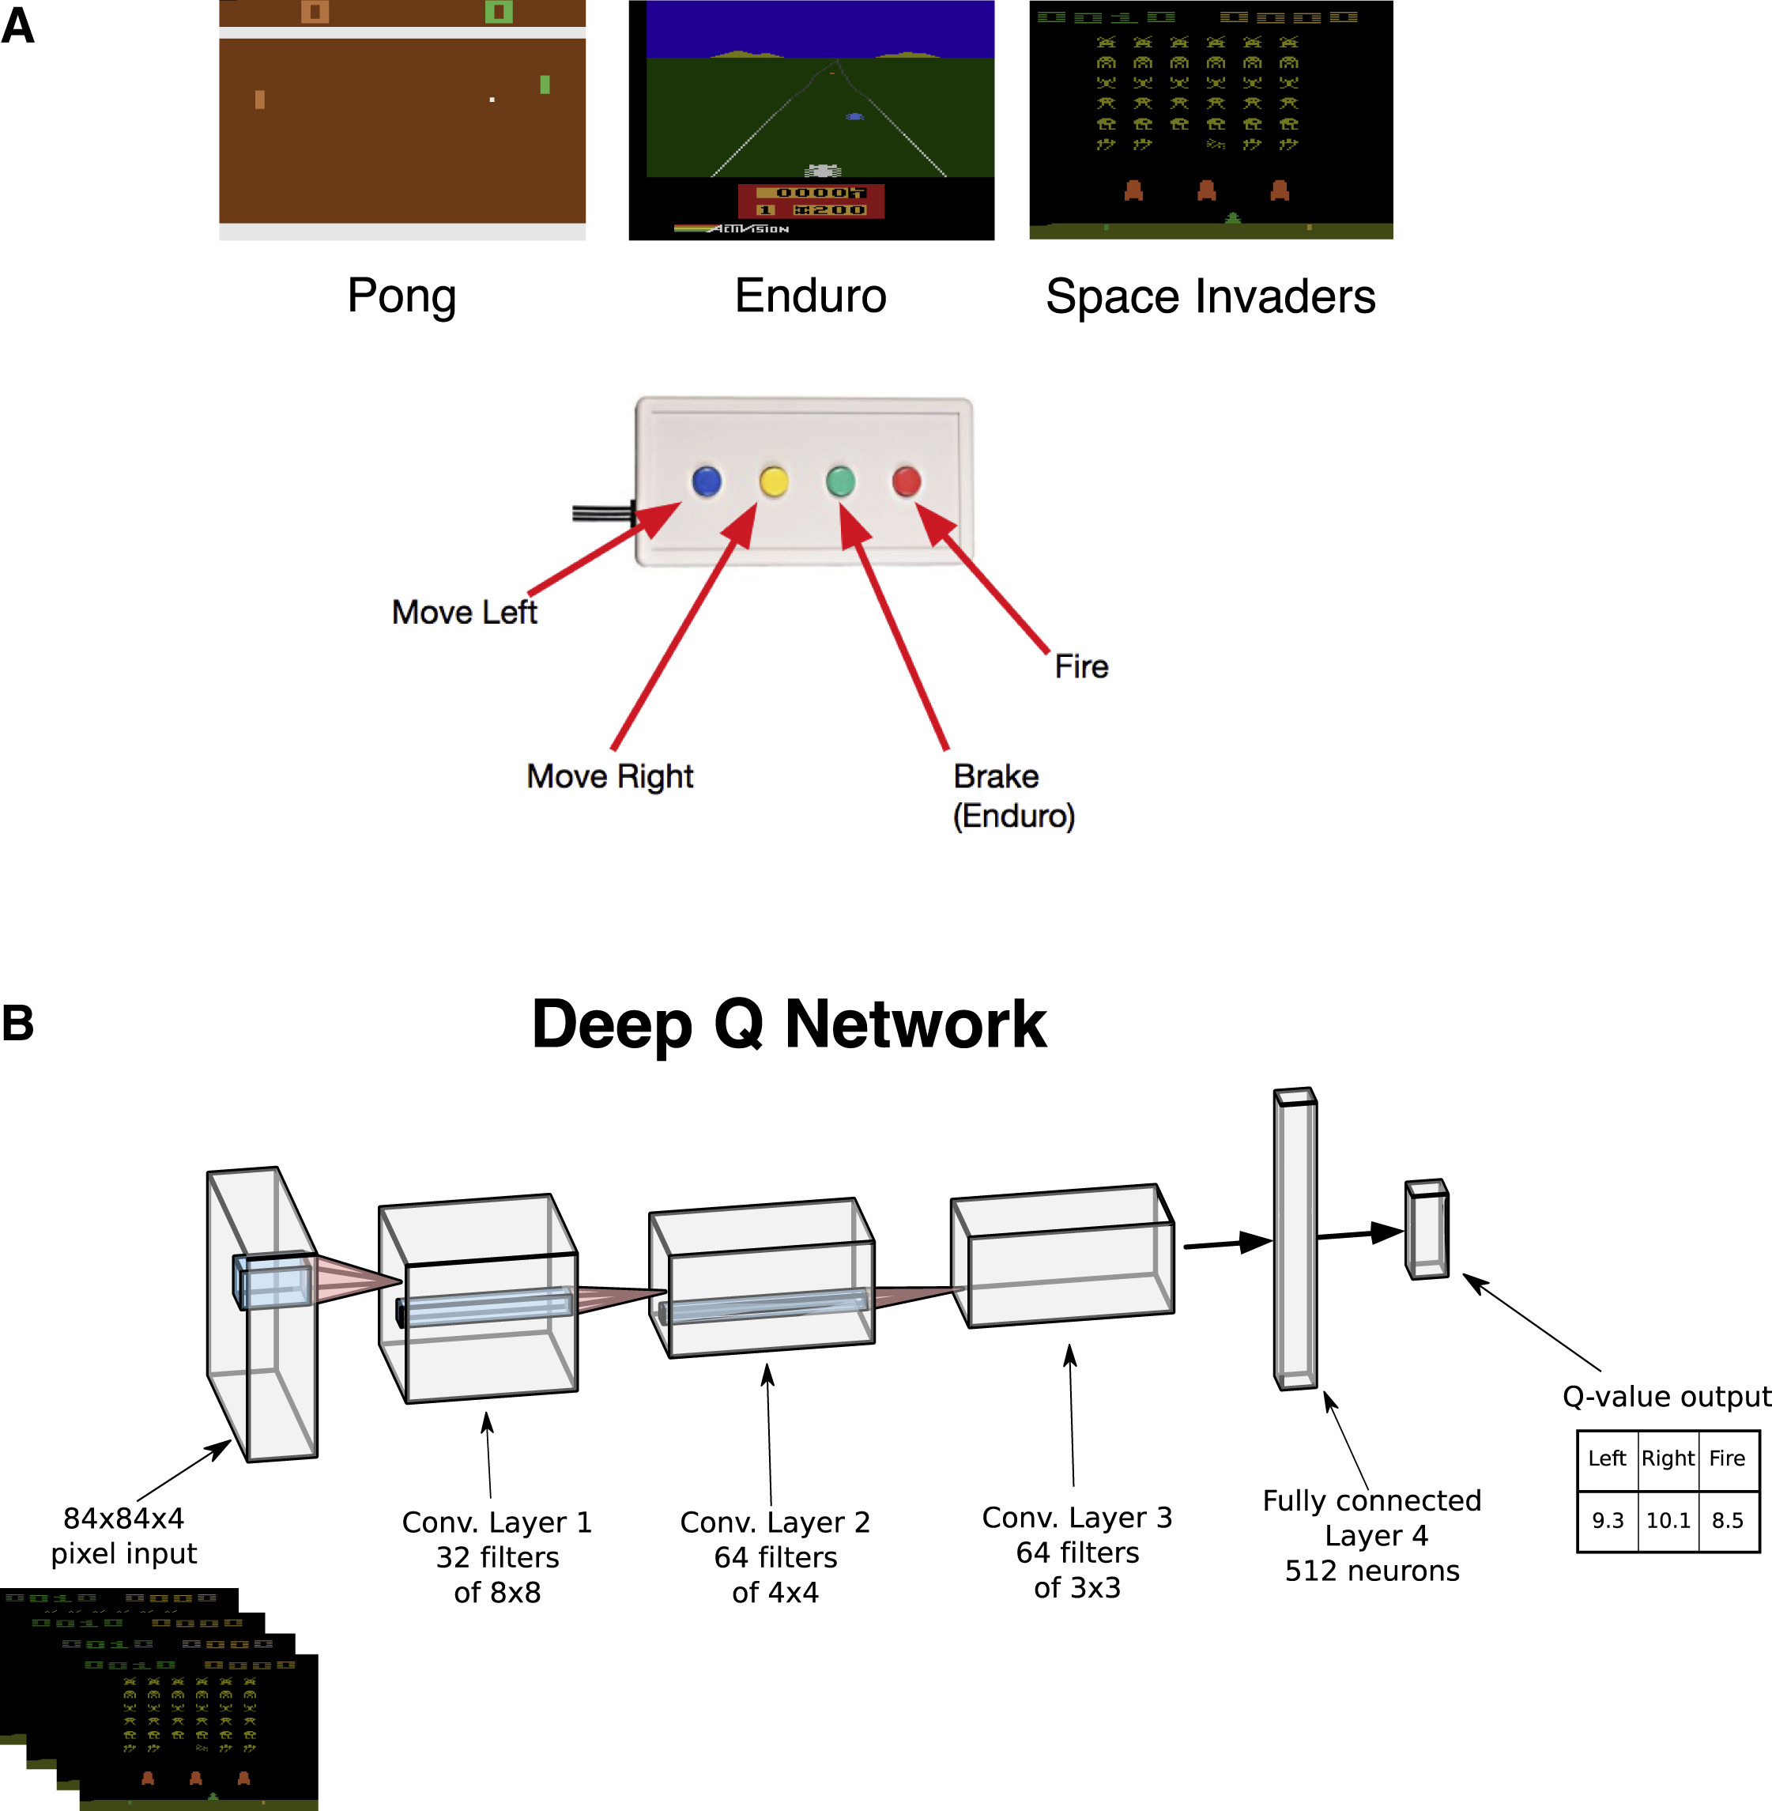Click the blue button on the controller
pyautogui.click(x=707, y=481)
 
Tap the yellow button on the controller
pyautogui.click(x=775, y=481)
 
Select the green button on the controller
pyautogui.click(x=840, y=481)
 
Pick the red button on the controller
pyautogui.click(x=907, y=481)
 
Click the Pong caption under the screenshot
pyautogui.click(x=402, y=296)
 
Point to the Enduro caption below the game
pyautogui.click(x=811, y=296)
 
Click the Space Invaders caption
pyautogui.click(x=1210, y=296)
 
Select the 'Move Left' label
pyautogui.click(x=465, y=613)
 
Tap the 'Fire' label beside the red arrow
pyautogui.click(x=1081, y=666)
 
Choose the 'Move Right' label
pyautogui.click(x=609, y=776)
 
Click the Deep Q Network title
pyautogui.click(x=790, y=1024)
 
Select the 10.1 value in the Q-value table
pyautogui.click(x=1668, y=1521)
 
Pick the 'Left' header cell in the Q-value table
pyautogui.click(x=1608, y=1458)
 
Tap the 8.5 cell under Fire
pyautogui.click(x=1727, y=1521)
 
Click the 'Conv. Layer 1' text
pyautogui.click(x=497, y=1522)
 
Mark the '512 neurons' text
pyautogui.click(x=1372, y=1571)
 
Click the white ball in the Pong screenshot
pyautogui.click(x=492, y=100)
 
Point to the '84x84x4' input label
pyautogui.click(x=124, y=1519)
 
